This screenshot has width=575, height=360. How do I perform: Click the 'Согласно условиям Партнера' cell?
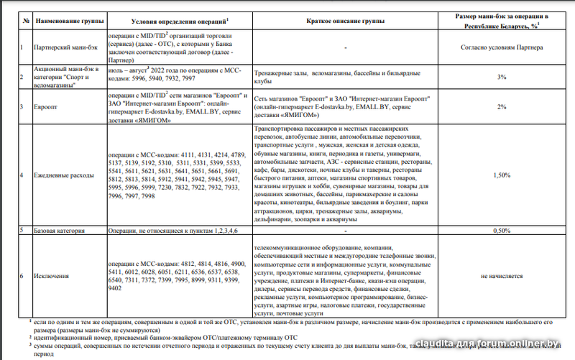pyautogui.click(x=501, y=47)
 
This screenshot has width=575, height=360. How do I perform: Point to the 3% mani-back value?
pyautogui.click(x=501, y=76)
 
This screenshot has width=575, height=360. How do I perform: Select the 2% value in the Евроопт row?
pyautogui.click(x=501, y=105)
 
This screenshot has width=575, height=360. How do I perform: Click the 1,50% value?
pyautogui.click(x=501, y=175)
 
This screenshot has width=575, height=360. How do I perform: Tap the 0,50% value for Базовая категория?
pyautogui.click(x=501, y=231)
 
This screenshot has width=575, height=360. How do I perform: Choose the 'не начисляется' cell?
pyautogui.click(x=501, y=276)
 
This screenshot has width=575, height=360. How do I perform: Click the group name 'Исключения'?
pyautogui.click(x=52, y=276)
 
